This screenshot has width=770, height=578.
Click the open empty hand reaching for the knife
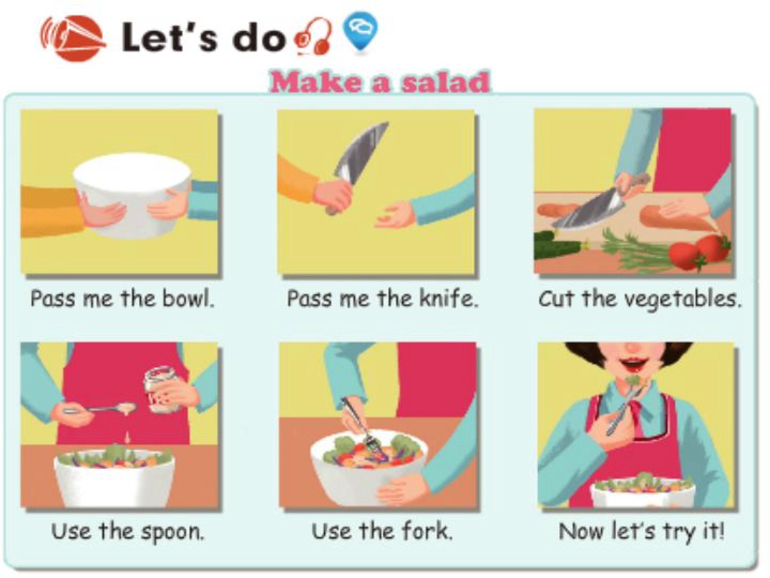[395, 218]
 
